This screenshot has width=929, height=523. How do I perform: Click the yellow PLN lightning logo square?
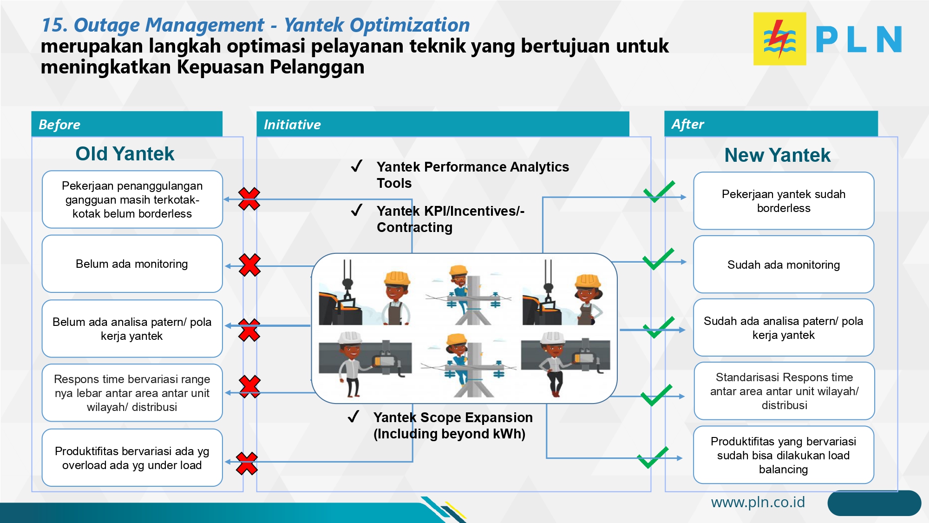(x=779, y=39)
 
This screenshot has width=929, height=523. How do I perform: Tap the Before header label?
(x=59, y=125)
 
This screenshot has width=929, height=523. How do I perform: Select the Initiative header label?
(x=292, y=125)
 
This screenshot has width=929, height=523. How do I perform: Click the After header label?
(x=687, y=124)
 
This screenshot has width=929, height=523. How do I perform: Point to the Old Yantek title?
(x=125, y=154)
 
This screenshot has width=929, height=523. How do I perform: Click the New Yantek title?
(x=777, y=155)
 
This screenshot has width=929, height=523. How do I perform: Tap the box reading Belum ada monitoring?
(x=132, y=264)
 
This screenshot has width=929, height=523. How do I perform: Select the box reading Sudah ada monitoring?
(x=783, y=265)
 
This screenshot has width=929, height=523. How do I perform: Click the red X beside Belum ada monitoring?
(x=249, y=265)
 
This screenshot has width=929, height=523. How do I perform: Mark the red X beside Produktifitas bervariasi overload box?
(x=247, y=463)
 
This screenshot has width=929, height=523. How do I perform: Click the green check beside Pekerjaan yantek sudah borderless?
(x=659, y=192)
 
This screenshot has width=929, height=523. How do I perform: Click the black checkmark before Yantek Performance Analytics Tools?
(x=357, y=166)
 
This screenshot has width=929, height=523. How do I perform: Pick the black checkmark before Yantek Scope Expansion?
(x=353, y=417)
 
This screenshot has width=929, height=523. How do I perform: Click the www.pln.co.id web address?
(x=758, y=502)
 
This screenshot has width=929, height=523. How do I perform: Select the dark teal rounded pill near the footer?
(x=874, y=503)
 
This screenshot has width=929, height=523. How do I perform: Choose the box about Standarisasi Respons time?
(x=784, y=391)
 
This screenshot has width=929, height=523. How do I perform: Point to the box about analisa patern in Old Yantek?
(x=132, y=329)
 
